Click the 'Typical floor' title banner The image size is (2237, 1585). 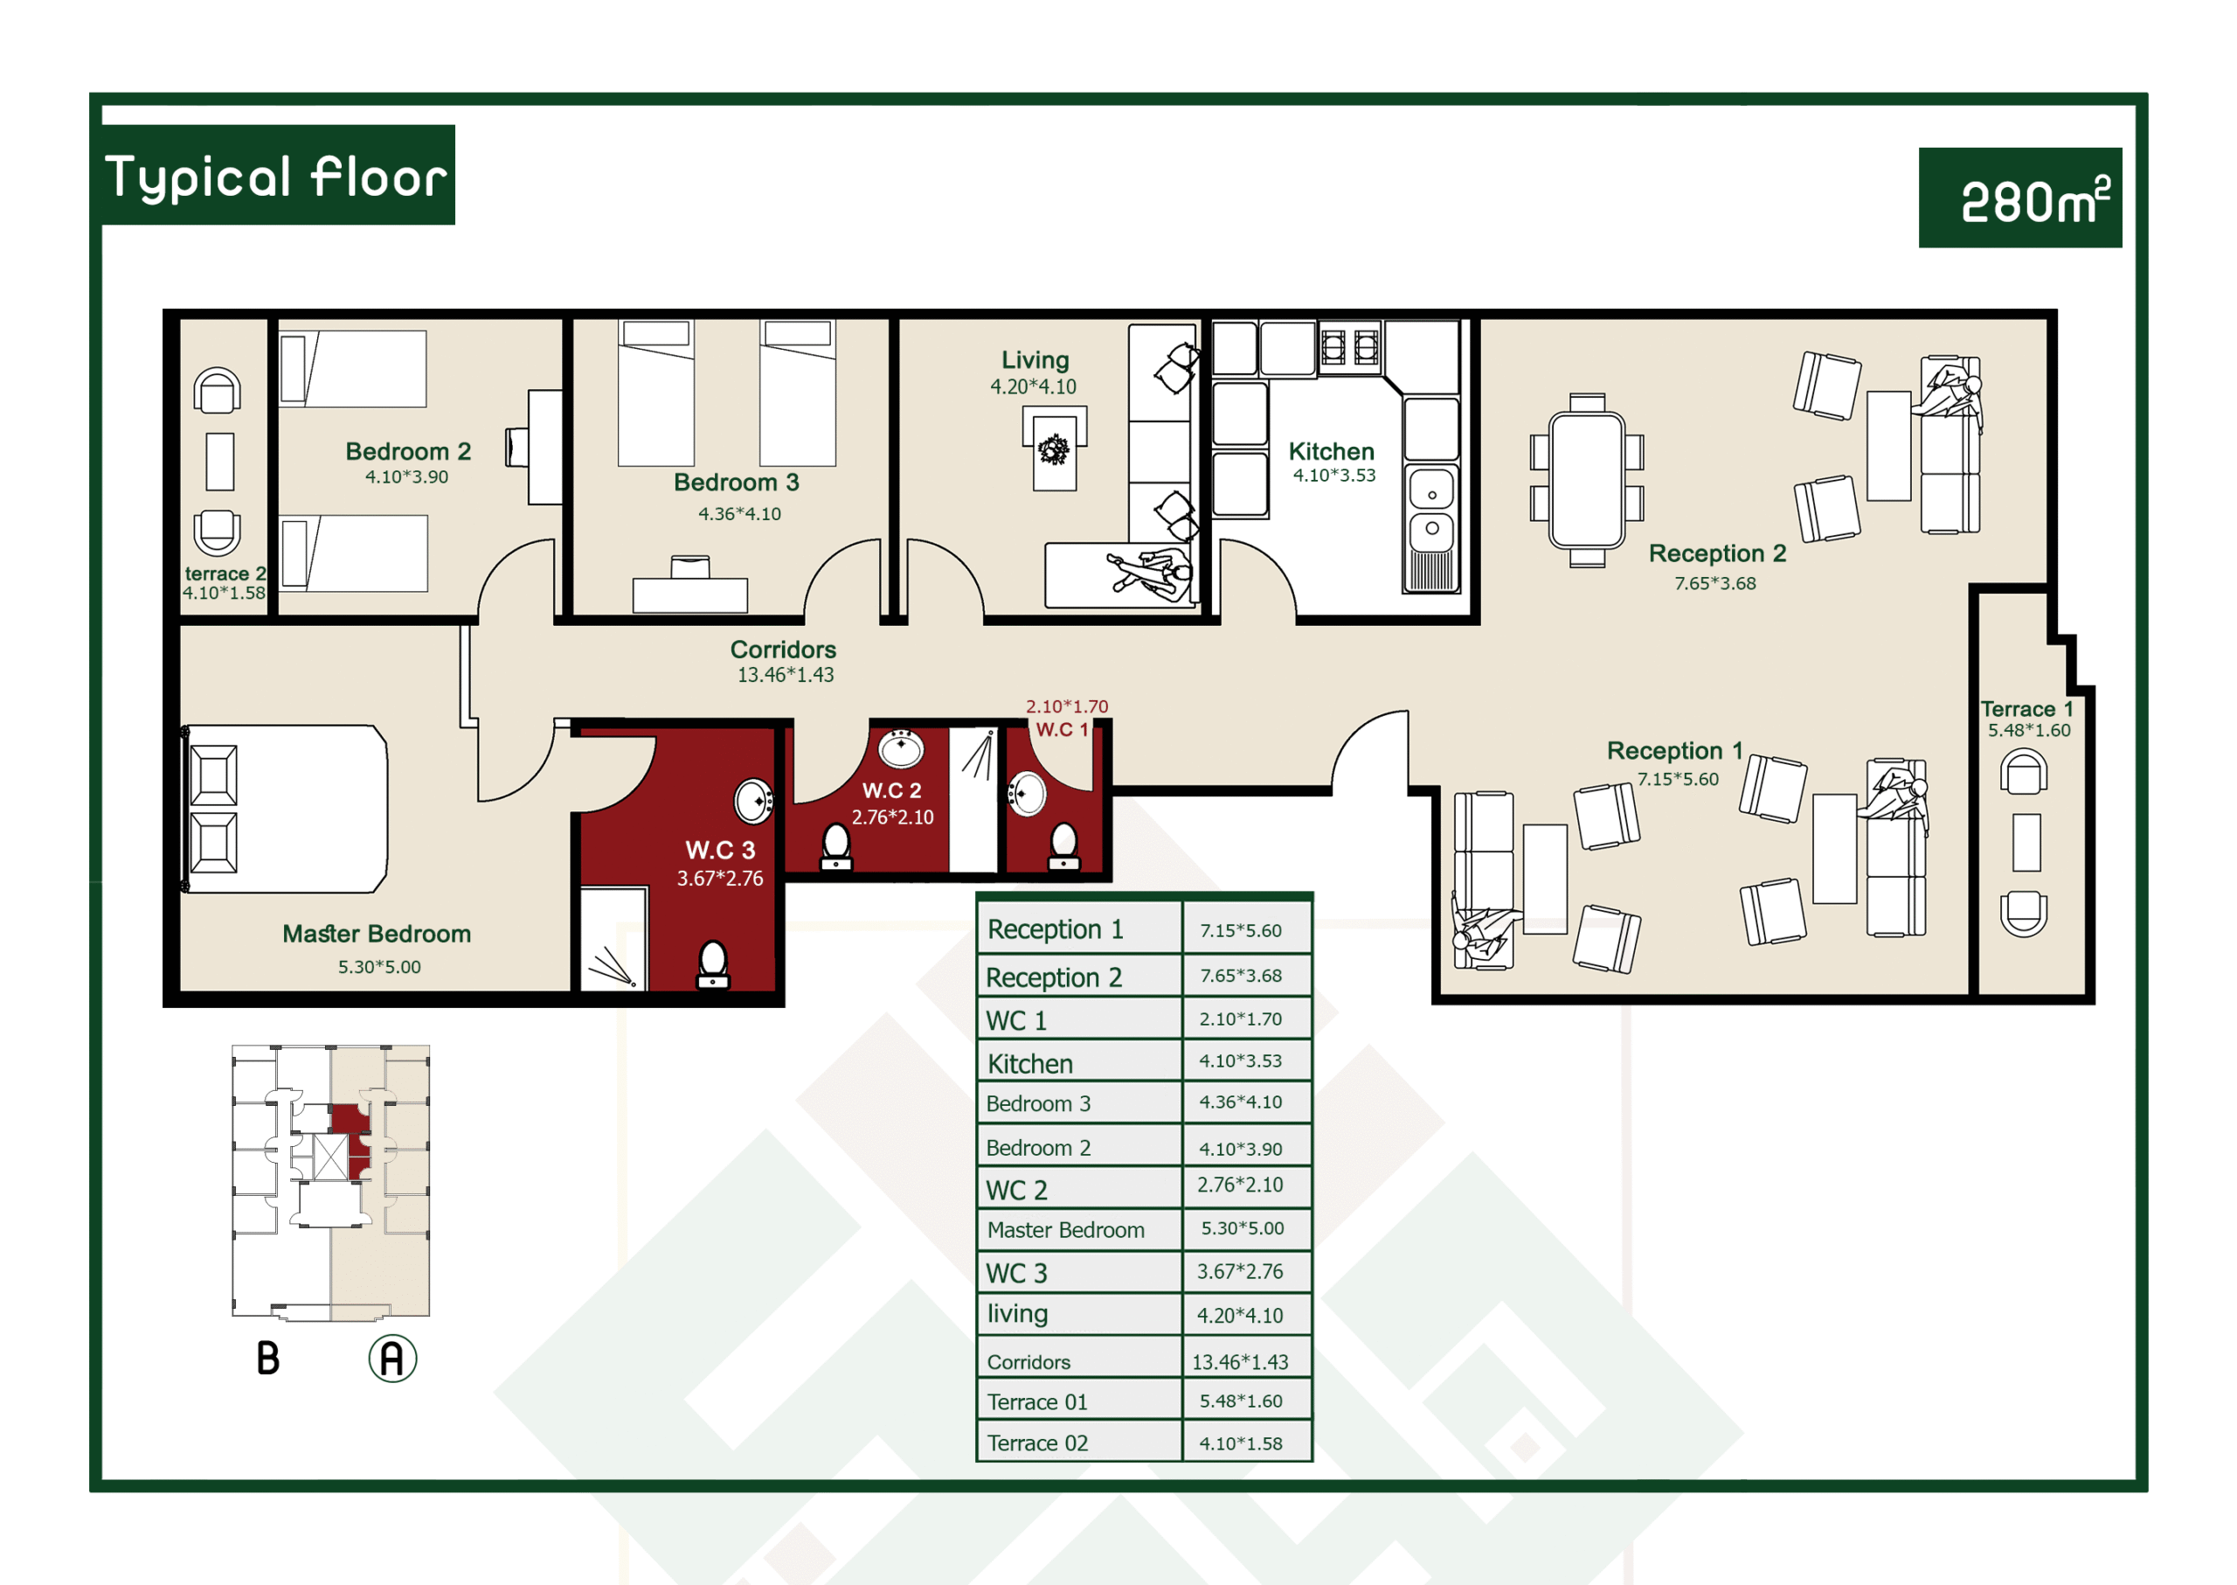278,175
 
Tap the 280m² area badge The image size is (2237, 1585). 2019,198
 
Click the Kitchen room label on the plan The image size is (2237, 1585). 1331,451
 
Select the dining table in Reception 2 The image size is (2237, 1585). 1586,479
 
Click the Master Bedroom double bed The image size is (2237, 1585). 285,808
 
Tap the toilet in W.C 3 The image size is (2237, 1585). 713,963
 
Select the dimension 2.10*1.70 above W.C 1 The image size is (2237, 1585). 1066,706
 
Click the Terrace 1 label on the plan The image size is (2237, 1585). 2026,708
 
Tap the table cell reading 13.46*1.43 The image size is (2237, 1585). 1240,1361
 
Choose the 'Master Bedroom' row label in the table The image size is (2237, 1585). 1065,1230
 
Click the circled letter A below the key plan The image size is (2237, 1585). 392,1358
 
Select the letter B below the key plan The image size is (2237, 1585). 268,1358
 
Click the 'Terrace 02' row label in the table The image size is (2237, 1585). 1037,1442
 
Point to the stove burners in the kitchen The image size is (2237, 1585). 1349,345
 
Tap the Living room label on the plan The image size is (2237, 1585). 1035,360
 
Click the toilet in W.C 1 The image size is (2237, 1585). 1063,846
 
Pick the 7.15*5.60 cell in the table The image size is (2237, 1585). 1240,930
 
